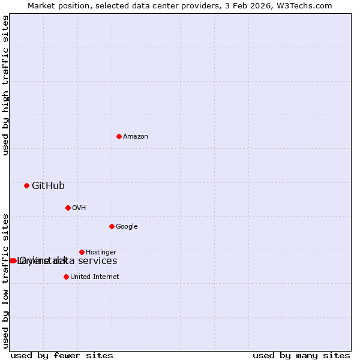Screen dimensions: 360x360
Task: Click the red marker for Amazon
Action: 119,136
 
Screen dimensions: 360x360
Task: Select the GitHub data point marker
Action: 26,185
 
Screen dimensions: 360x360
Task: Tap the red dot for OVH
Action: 68,208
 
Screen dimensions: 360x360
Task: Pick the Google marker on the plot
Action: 112,226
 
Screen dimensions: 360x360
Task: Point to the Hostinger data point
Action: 82,252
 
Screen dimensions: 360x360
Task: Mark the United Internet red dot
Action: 66,277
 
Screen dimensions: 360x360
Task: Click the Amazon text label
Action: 136,136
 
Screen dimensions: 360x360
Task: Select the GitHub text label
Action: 48,185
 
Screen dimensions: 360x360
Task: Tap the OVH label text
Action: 79,208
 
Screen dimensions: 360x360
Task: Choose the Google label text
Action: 127,226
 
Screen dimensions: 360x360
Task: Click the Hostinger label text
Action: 101,252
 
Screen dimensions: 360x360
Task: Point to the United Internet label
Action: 94,277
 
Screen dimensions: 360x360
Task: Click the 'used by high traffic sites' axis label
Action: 6,86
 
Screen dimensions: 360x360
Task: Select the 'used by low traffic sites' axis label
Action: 6,281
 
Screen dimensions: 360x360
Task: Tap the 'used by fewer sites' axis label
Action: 62,355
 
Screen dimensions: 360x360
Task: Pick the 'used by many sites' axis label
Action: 301,355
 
